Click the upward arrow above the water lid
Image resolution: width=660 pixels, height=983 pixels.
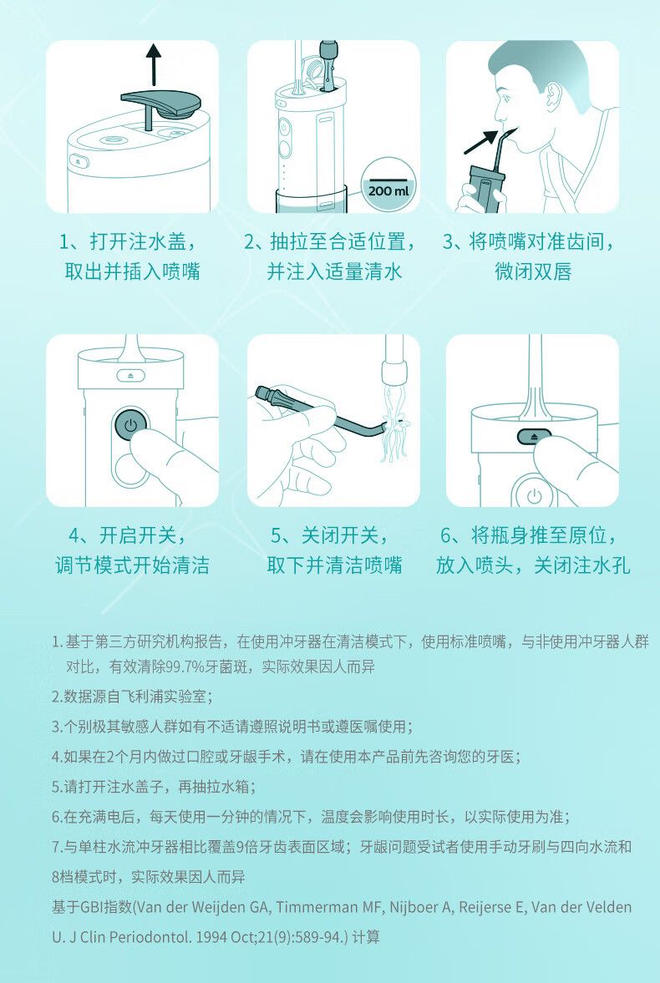pos(153,64)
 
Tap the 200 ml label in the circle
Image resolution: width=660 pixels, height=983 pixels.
pos(388,190)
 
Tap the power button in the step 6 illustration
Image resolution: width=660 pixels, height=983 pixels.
pos(534,496)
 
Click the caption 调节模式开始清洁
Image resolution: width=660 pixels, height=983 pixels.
pos(132,565)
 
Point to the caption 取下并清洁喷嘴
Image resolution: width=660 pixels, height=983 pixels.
pos(334,565)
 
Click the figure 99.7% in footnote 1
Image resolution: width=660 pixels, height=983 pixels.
pos(184,666)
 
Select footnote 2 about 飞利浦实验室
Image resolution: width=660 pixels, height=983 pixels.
pos(132,697)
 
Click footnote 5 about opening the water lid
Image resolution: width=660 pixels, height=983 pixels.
pos(154,787)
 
